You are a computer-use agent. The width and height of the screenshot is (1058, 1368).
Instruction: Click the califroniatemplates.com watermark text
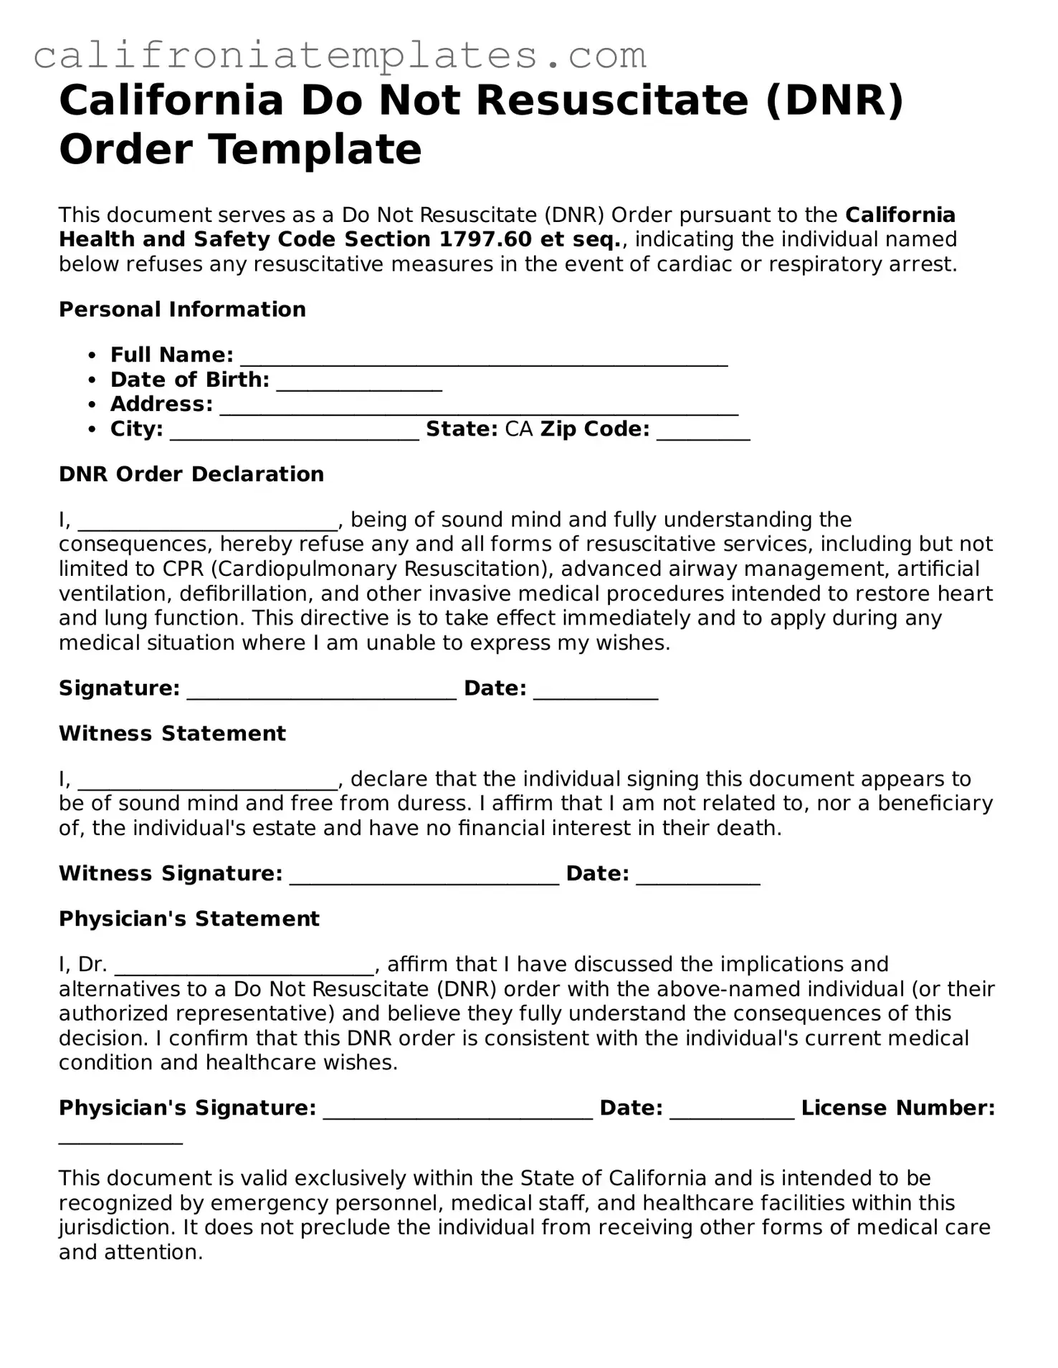pyautogui.click(x=340, y=56)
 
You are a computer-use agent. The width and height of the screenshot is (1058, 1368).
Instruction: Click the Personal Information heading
pyautogui.click(x=182, y=309)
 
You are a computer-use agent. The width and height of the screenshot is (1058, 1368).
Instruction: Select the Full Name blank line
pyautogui.click(x=484, y=357)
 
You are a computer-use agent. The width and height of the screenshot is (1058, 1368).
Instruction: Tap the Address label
pyautogui.click(x=161, y=405)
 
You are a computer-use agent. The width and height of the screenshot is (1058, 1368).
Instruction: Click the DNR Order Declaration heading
pyautogui.click(x=191, y=474)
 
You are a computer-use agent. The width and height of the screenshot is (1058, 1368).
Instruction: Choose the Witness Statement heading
pyautogui.click(x=172, y=733)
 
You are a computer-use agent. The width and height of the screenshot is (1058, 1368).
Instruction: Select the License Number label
pyautogui.click(x=897, y=1108)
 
